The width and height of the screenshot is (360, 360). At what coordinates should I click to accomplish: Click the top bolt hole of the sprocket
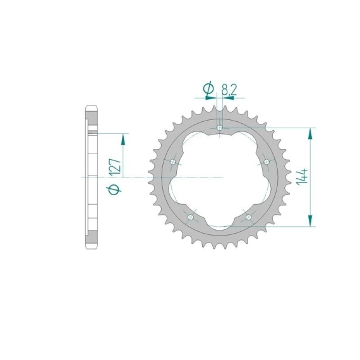220,128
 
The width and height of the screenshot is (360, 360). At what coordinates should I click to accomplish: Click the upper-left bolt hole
173,162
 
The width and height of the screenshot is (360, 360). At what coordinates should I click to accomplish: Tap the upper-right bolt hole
267,162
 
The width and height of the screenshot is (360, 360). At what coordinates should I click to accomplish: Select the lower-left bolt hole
191,217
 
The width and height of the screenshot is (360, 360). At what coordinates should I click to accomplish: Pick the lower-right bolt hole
248,217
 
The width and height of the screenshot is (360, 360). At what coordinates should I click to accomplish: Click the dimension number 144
302,177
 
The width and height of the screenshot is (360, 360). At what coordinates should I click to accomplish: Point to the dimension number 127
115,167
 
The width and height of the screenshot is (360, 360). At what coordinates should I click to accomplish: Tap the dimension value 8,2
229,90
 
